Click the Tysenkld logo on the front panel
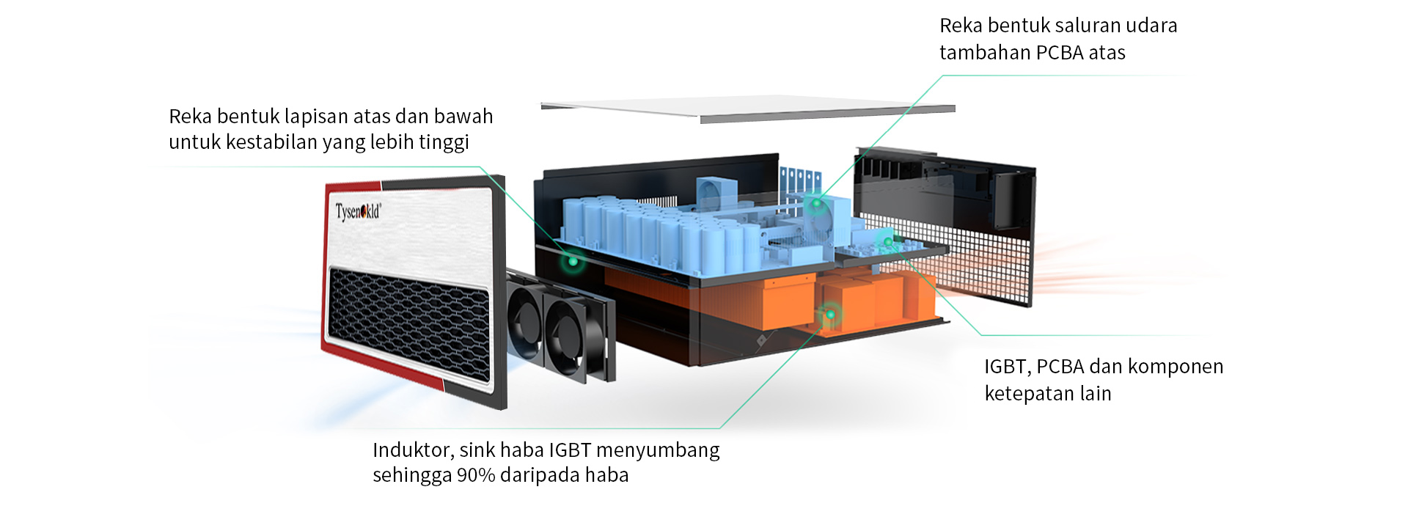358,211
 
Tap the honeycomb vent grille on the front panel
408,323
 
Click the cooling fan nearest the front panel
525,319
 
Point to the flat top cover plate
748,108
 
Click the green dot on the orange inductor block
830,315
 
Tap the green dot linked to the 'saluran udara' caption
816,203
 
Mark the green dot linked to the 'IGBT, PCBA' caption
887,242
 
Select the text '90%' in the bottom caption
476,475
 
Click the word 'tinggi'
444,142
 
